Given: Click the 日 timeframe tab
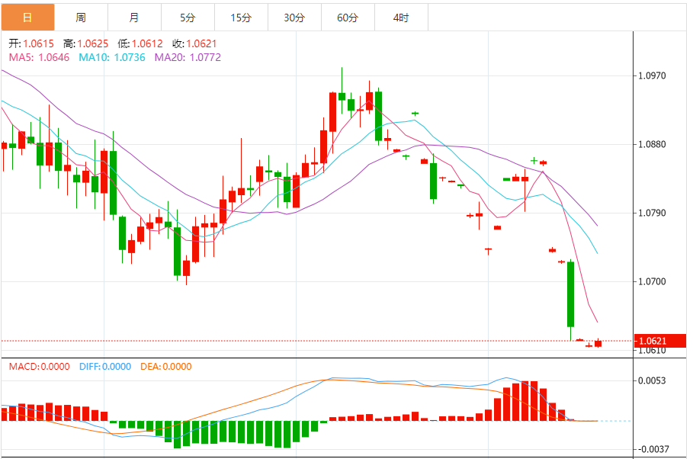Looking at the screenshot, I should tap(27, 18).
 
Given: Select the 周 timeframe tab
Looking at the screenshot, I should tap(81, 18).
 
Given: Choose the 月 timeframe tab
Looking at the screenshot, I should tap(134, 18).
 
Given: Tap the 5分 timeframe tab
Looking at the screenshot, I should tap(188, 18).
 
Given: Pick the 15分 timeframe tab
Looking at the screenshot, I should tap(241, 18).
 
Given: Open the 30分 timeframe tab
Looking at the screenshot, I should tap(294, 18).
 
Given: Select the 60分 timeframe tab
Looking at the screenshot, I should tap(348, 18).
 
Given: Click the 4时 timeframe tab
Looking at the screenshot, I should tap(401, 18).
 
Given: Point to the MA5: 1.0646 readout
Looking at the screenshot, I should tap(39, 56).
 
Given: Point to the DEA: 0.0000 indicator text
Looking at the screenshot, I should tap(165, 367).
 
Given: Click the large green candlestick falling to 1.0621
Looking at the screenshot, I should tap(570, 294).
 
